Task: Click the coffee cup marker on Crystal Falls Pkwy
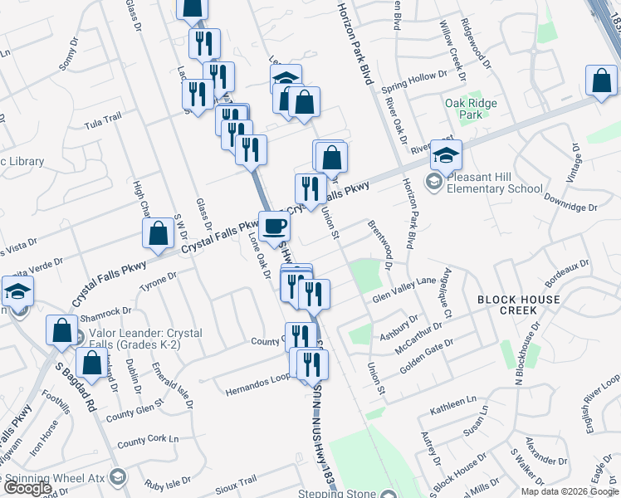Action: (275, 226)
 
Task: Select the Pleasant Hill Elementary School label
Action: (495, 183)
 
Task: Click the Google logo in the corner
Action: (27, 489)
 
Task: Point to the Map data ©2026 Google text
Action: (569, 491)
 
